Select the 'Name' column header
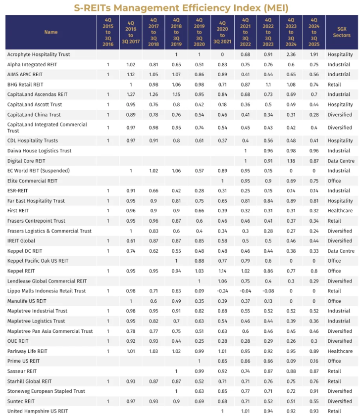51,32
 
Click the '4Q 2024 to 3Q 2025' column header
314,32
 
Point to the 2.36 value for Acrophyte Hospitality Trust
291,54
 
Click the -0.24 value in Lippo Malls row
222,291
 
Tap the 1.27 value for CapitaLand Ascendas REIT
131,94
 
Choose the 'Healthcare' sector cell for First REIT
340,211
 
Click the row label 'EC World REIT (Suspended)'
38,171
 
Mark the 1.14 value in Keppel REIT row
222,271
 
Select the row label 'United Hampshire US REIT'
38,411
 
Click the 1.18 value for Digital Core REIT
291,161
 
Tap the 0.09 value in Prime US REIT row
291,361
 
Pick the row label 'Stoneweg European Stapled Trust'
46,391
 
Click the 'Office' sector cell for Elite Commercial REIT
334,181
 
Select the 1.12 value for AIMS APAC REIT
131,74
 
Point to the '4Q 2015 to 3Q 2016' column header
108,32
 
